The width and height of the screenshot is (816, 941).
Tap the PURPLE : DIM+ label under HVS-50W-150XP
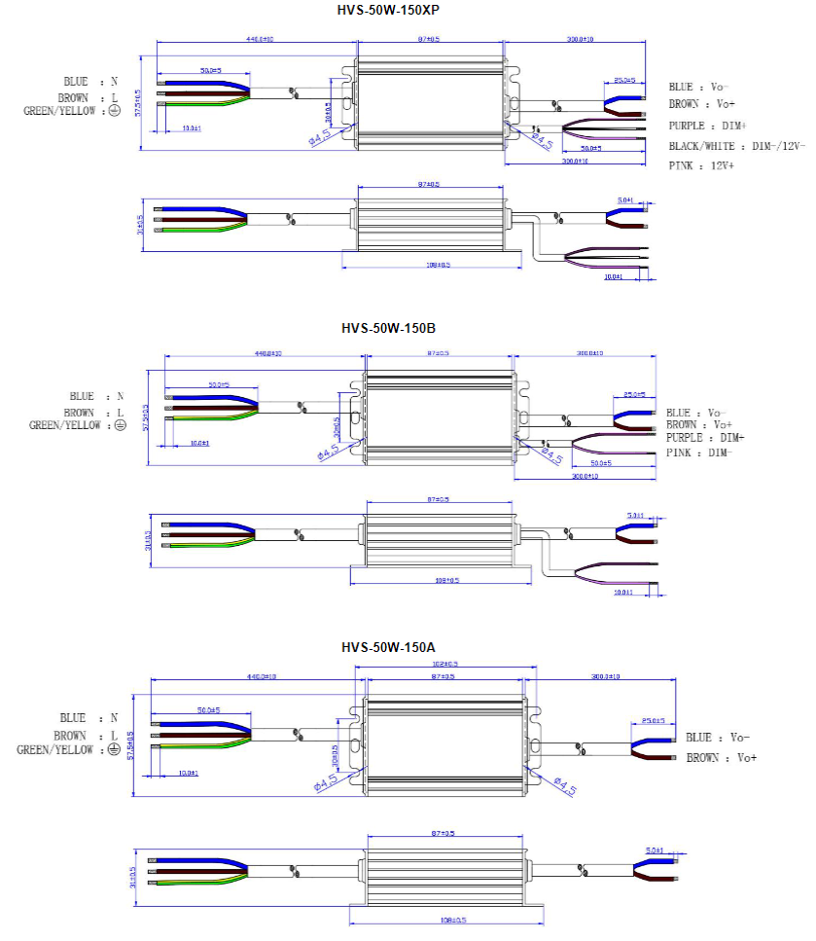(707, 127)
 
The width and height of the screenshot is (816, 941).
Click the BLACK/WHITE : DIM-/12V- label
(736, 146)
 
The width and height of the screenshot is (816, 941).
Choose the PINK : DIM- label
(697, 452)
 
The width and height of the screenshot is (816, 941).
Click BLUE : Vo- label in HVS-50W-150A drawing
(718, 738)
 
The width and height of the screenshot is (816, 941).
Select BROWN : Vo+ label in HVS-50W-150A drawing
(721, 757)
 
